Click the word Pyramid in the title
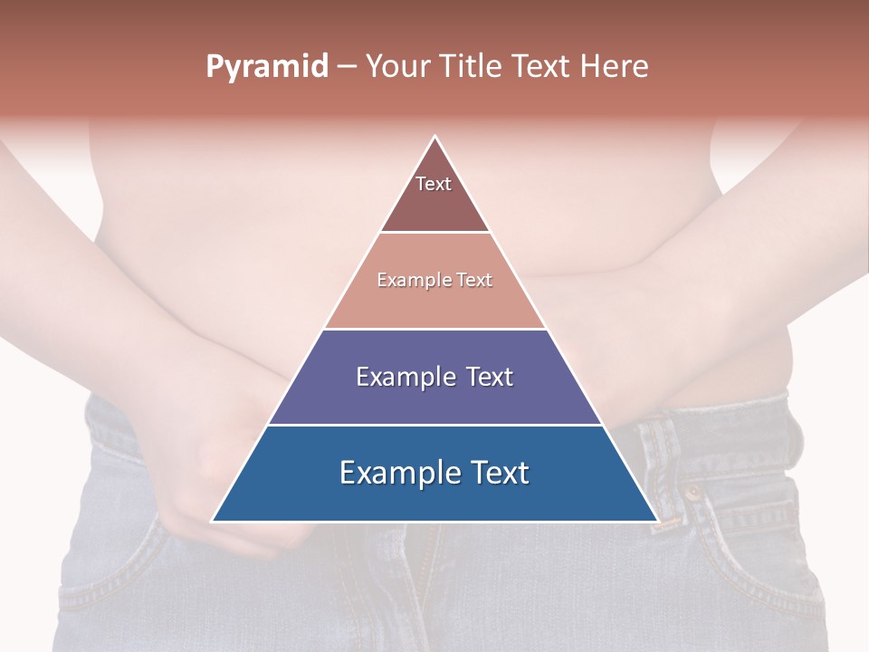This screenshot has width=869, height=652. [266, 67]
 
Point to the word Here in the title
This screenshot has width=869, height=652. [614, 67]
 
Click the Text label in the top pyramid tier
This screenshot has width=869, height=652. [434, 184]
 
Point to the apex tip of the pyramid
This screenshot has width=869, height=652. [435, 137]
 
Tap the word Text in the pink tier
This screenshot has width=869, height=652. [474, 281]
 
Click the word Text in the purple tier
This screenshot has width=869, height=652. [490, 377]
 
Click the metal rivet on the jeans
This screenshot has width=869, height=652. [693, 494]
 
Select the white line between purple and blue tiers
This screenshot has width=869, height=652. [434, 425]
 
